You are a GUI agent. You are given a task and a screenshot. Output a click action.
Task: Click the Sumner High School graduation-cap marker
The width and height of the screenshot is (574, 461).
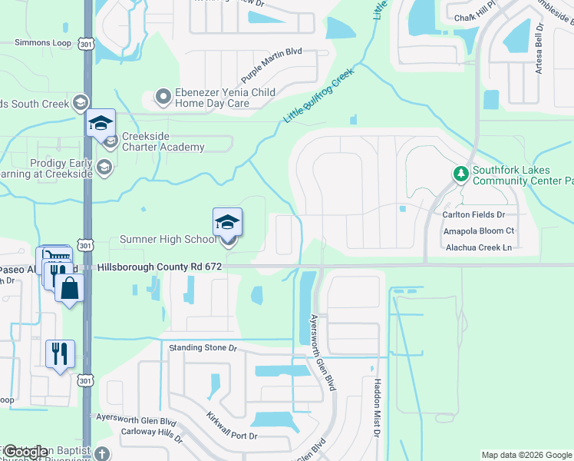[227, 223]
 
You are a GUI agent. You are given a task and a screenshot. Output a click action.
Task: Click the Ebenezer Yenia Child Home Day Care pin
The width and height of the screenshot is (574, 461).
[162, 97]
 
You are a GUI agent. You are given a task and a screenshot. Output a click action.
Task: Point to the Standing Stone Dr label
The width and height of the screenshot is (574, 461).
[203, 348]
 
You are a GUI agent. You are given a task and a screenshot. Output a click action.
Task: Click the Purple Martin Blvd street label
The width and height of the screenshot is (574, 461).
[272, 65]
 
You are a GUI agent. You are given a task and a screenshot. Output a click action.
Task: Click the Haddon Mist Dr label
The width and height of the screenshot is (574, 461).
[377, 407]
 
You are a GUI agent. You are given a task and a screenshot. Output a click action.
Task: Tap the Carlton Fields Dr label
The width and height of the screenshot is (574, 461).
[473, 214]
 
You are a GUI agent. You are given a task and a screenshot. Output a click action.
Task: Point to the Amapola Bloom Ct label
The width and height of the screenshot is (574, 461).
[478, 230]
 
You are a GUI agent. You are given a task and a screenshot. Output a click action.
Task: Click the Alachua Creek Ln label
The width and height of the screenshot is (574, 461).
[478, 247]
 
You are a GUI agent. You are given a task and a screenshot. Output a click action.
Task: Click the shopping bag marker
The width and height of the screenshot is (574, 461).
[69, 288]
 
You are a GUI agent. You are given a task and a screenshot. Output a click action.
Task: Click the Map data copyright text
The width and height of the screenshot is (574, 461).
[526, 455]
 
